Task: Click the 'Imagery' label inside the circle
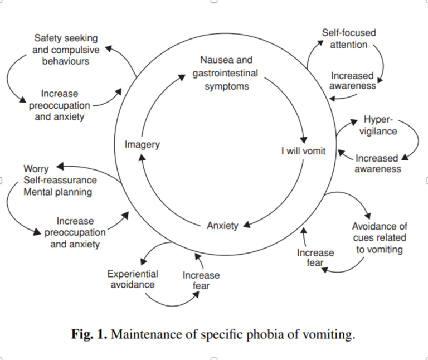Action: [142, 144]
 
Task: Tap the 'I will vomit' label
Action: [303, 150]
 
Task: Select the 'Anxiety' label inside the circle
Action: [222, 226]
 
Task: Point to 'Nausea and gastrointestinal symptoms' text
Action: [226, 73]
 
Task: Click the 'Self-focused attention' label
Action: [348, 38]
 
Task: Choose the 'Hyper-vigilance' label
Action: [378, 125]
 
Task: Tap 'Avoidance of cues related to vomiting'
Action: [380, 238]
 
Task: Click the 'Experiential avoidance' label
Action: [133, 279]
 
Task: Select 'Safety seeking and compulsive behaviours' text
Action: [66, 49]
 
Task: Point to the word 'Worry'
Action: [36, 168]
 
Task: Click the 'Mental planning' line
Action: [58, 192]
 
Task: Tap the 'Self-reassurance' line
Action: [60, 181]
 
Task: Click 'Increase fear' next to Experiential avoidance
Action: [201, 280]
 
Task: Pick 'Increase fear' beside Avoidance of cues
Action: [315, 257]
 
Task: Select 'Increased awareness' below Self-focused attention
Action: [352, 81]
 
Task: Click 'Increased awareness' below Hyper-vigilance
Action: [377, 163]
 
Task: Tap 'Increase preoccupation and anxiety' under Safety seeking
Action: [60, 105]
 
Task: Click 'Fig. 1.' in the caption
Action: [89, 334]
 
